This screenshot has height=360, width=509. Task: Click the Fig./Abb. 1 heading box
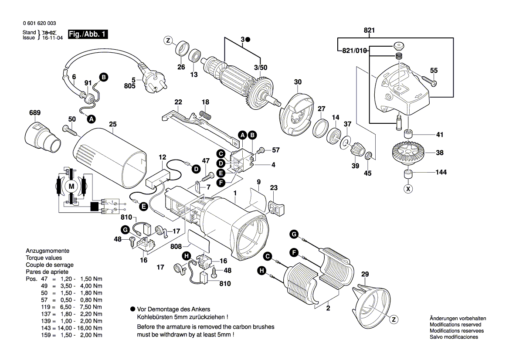click(88, 34)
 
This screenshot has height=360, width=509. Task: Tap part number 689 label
click(35, 113)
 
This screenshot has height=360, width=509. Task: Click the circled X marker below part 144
click(408, 189)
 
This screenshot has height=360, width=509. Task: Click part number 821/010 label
click(352, 51)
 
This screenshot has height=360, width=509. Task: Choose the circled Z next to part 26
click(168, 41)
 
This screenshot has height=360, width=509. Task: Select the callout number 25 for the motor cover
click(113, 124)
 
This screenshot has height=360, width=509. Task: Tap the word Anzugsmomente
click(48, 251)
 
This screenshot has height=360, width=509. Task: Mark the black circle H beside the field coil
click(261, 271)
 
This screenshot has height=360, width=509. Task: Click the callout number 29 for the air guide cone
click(365, 274)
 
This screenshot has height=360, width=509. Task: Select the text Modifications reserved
click(455, 325)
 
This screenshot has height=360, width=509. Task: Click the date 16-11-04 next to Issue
click(52, 38)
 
